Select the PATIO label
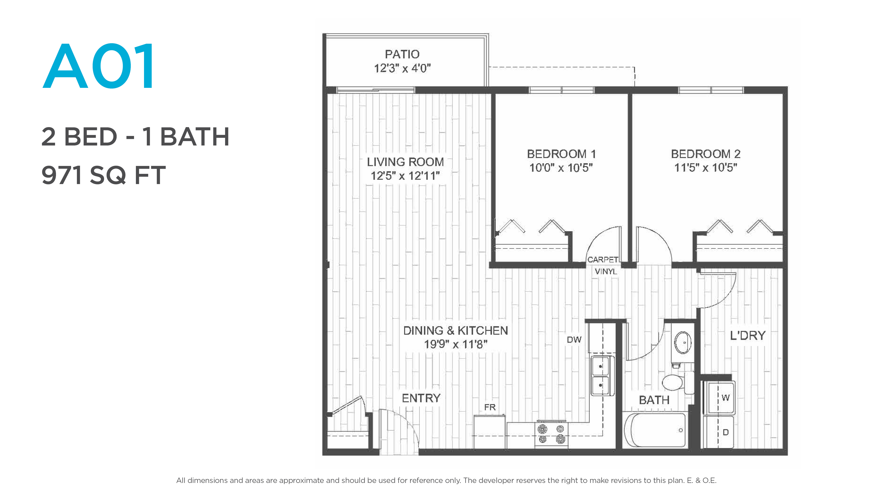[x=402, y=54]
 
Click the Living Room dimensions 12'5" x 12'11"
[x=405, y=176]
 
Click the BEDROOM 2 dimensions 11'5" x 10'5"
[x=705, y=168]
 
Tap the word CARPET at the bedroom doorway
[x=603, y=260]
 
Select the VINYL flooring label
[x=606, y=271]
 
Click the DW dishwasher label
[x=574, y=340]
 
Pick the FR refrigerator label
[x=490, y=407]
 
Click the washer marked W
[x=719, y=397]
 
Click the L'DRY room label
[x=747, y=335]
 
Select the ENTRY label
[x=421, y=398]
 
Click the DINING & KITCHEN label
[x=455, y=330]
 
